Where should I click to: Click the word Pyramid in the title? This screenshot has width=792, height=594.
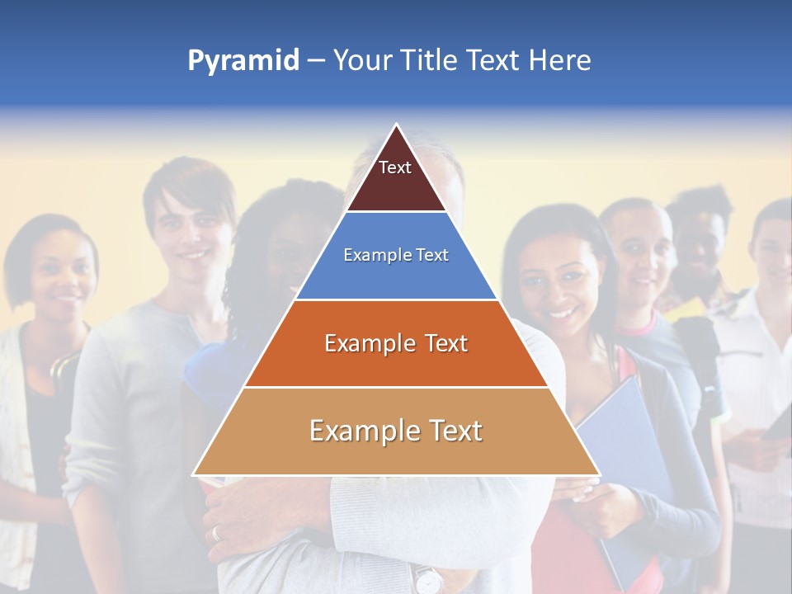coord(243,61)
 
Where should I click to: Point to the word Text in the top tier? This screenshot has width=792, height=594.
coord(394,167)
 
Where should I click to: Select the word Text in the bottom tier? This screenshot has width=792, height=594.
coord(450,431)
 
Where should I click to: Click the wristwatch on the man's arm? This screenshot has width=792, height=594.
coord(427,580)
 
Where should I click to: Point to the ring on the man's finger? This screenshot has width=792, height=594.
coord(217,533)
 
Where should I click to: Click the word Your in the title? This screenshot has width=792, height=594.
coord(360,61)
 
